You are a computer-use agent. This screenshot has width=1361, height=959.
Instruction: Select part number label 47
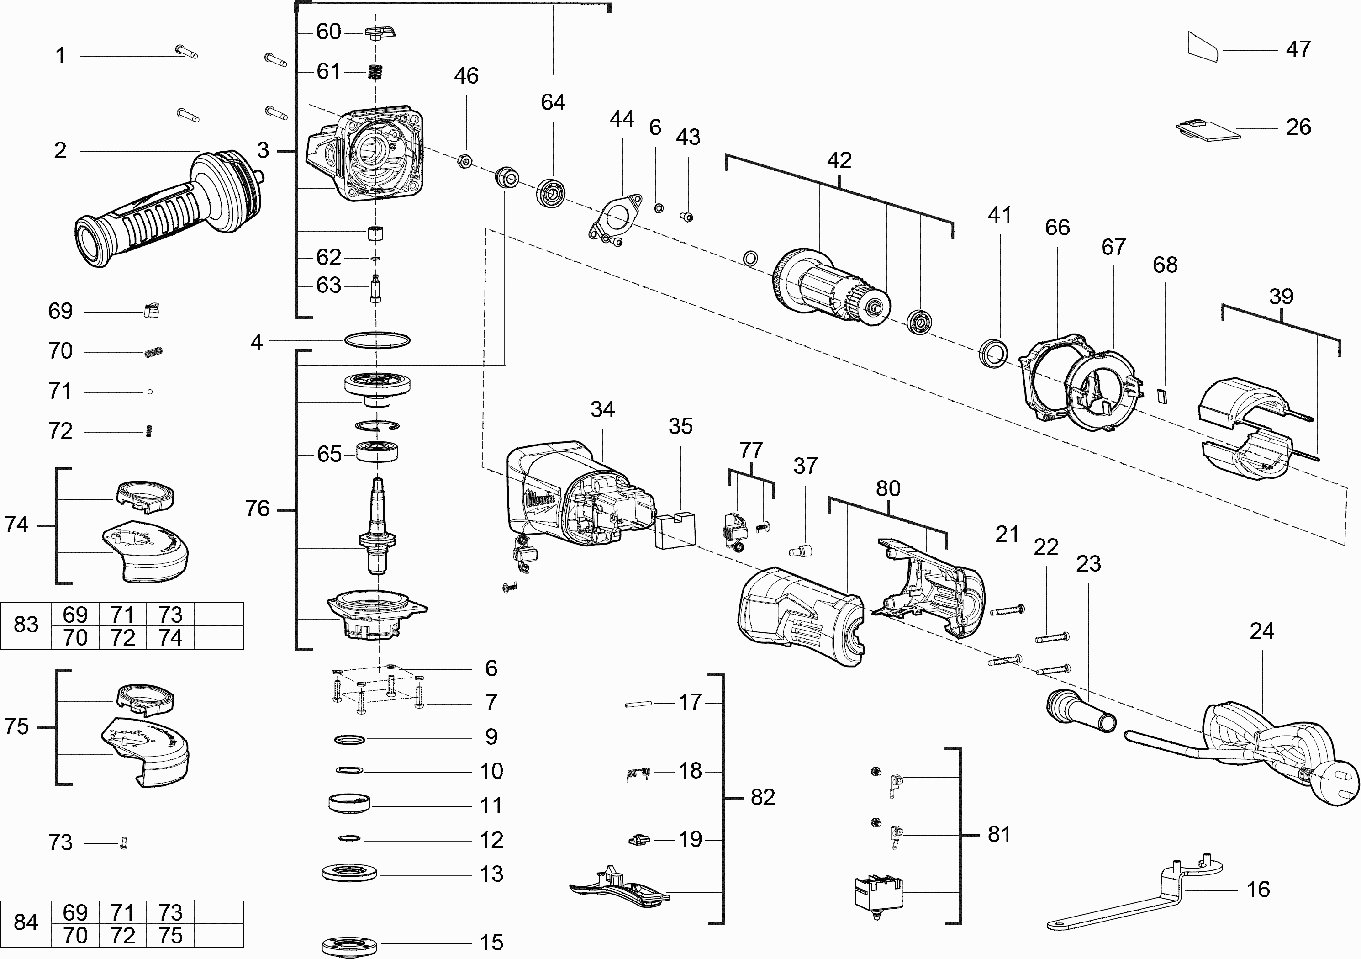tap(1298, 49)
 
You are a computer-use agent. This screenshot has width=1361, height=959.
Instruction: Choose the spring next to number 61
tap(374, 72)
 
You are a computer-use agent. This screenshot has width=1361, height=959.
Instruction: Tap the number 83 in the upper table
tap(26, 625)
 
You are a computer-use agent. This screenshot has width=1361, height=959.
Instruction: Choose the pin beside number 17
tap(638, 704)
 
